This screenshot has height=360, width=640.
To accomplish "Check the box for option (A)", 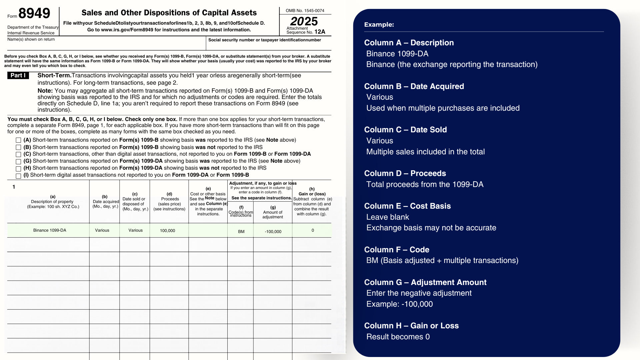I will click(18, 140).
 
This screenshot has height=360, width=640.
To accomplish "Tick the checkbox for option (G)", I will click(18, 161).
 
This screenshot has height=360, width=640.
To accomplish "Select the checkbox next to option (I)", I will click(18, 176).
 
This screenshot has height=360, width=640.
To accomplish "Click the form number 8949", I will click(34, 13).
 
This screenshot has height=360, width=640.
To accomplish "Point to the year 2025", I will click(304, 21).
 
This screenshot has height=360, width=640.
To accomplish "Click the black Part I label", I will click(18, 76).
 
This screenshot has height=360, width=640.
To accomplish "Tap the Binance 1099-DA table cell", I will click(50, 230).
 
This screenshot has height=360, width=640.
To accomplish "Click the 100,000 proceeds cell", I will click(167, 231).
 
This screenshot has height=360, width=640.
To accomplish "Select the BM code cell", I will click(241, 232).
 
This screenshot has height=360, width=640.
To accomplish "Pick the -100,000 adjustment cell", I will click(273, 232).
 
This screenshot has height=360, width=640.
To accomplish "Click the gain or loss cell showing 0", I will click(313, 230).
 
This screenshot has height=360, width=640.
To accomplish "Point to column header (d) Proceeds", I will click(169, 201).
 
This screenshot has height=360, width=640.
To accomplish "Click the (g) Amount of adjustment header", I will click(273, 212).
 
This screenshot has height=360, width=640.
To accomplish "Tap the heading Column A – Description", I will click(409, 43).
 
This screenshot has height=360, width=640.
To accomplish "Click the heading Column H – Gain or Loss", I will click(411, 326).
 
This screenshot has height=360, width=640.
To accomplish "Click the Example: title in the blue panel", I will click(379, 25).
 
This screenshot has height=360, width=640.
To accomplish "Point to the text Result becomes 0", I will click(398, 337).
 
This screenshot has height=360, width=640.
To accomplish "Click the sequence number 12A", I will click(320, 32).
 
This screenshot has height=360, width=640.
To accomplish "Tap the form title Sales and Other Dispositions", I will click(169, 13).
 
